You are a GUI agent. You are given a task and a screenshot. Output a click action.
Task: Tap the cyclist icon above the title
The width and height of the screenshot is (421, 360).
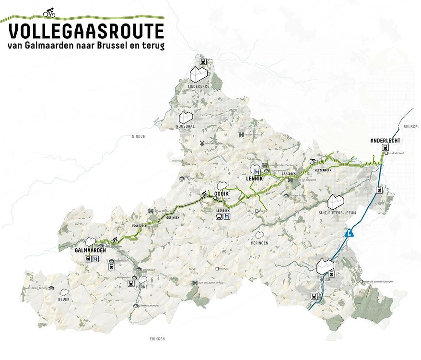tap(49, 12)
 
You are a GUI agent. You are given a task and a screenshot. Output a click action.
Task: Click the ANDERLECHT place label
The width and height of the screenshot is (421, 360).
tap(385, 141)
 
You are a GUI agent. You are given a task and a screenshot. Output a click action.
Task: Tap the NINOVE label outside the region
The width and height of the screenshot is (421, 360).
tap(138, 136)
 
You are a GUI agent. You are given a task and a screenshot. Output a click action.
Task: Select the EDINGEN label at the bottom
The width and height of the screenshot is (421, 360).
tap(156, 339)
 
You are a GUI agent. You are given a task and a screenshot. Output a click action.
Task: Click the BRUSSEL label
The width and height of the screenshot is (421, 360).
tap(411, 127)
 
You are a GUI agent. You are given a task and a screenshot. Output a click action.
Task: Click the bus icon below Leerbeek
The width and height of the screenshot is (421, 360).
tap(218, 216)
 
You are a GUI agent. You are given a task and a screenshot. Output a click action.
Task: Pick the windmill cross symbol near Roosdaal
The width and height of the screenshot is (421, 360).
tap(202, 143)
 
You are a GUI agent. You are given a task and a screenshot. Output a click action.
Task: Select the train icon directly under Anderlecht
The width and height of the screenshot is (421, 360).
tap(385, 148)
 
